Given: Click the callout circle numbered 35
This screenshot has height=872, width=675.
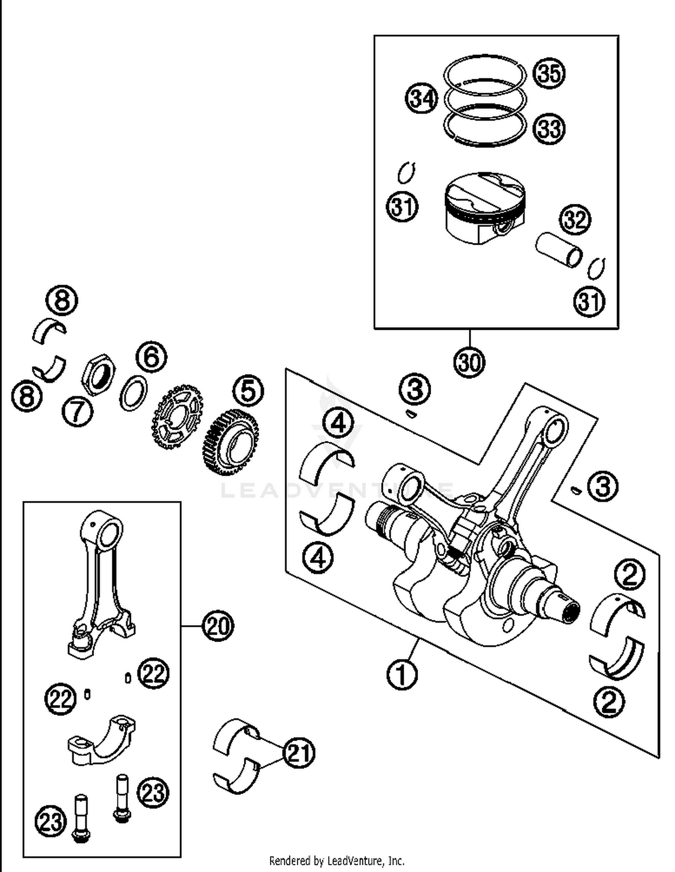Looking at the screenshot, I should click(x=549, y=73).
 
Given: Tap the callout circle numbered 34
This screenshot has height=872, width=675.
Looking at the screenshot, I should click(x=422, y=98).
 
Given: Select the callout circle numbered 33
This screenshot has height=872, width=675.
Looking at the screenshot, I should click(x=549, y=129).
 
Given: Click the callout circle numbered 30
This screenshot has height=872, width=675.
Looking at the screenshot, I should click(x=469, y=362).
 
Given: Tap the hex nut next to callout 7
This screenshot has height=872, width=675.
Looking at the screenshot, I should click(x=98, y=374).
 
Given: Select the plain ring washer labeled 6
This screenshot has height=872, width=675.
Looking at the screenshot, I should click(x=134, y=393).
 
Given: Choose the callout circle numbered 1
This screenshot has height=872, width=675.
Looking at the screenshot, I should click(x=402, y=674).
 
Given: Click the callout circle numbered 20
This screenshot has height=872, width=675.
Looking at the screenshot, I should click(x=218, y=626).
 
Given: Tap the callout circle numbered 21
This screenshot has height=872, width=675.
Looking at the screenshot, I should click(x=299, y=753).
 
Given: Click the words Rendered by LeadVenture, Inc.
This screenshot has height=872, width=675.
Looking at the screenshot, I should click(x=337, y=861).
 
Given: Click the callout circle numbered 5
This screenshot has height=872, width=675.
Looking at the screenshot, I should click(x=248, y=391).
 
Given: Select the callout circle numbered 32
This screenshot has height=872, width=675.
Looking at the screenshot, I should click(x=575, y=220).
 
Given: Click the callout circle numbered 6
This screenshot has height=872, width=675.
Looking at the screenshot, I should click(x=151, y=356).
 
